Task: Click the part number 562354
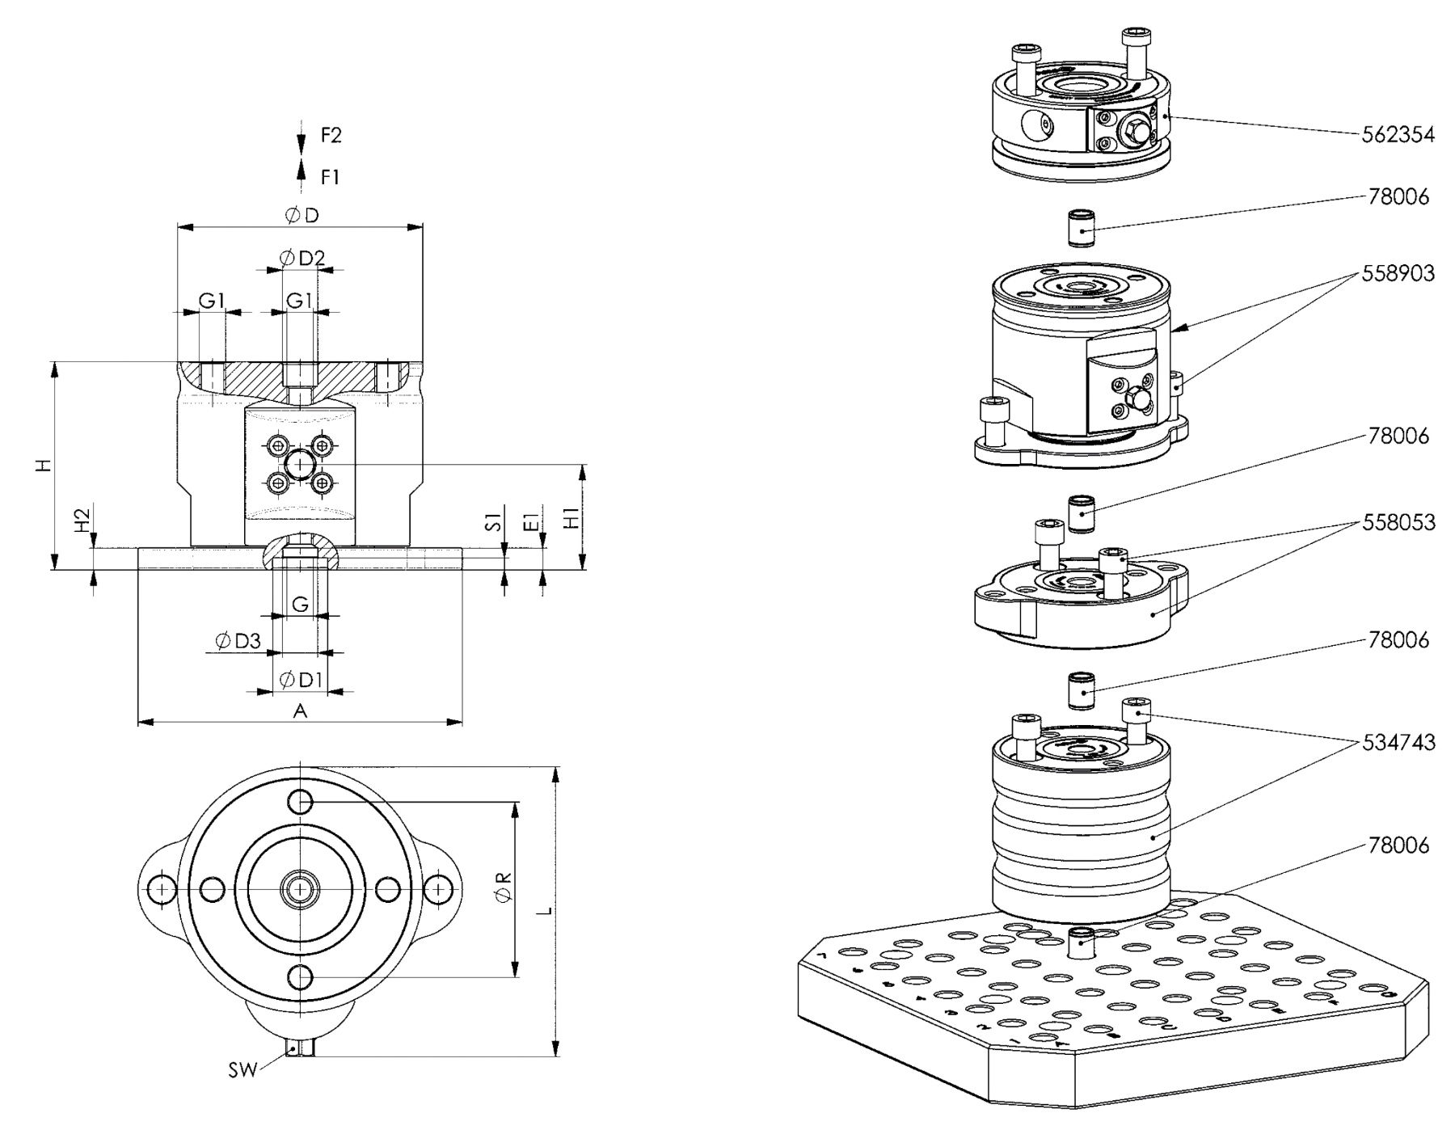(x=1398, y=135)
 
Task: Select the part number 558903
(x=1398, y=273)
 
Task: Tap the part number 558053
(x=1398, y=522)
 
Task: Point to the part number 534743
(x=1398, y=742)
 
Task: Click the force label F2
(x=331, y=135)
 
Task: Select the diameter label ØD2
(x=302, y=258)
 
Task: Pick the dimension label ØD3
(x=238, y=642)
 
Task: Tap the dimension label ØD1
(x=300, y=680)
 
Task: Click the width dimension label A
(x=300, y=710)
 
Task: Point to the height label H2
(x=82, y=521)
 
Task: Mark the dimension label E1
(x=531, y=521)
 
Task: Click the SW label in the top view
(x=242, y=1070)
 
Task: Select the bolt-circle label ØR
(x=504, y=887)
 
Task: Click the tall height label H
(x=45, y=465)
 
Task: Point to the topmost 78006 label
(x=1398, y=196)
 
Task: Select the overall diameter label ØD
(x=302, y=215)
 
